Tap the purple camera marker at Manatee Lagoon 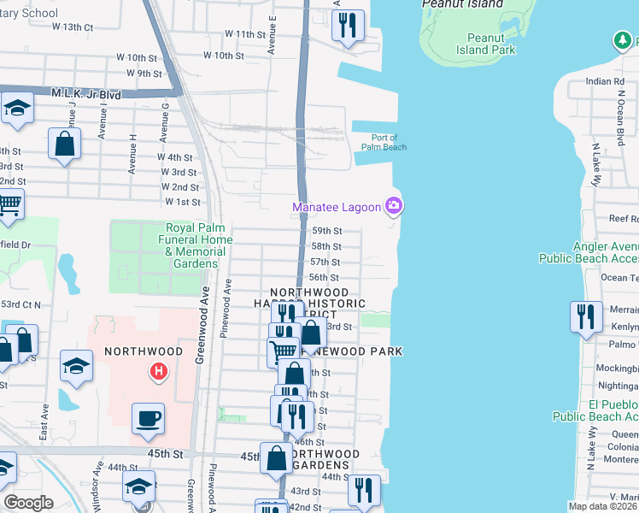[394, 205]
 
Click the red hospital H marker [157, 371]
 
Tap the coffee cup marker [149, 418]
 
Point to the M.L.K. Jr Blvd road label [87, 93]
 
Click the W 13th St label [72, 27]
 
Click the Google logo [28, 503]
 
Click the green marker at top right [622, 40]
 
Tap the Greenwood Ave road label [204, 326]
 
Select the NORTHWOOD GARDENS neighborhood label [321, 459]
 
